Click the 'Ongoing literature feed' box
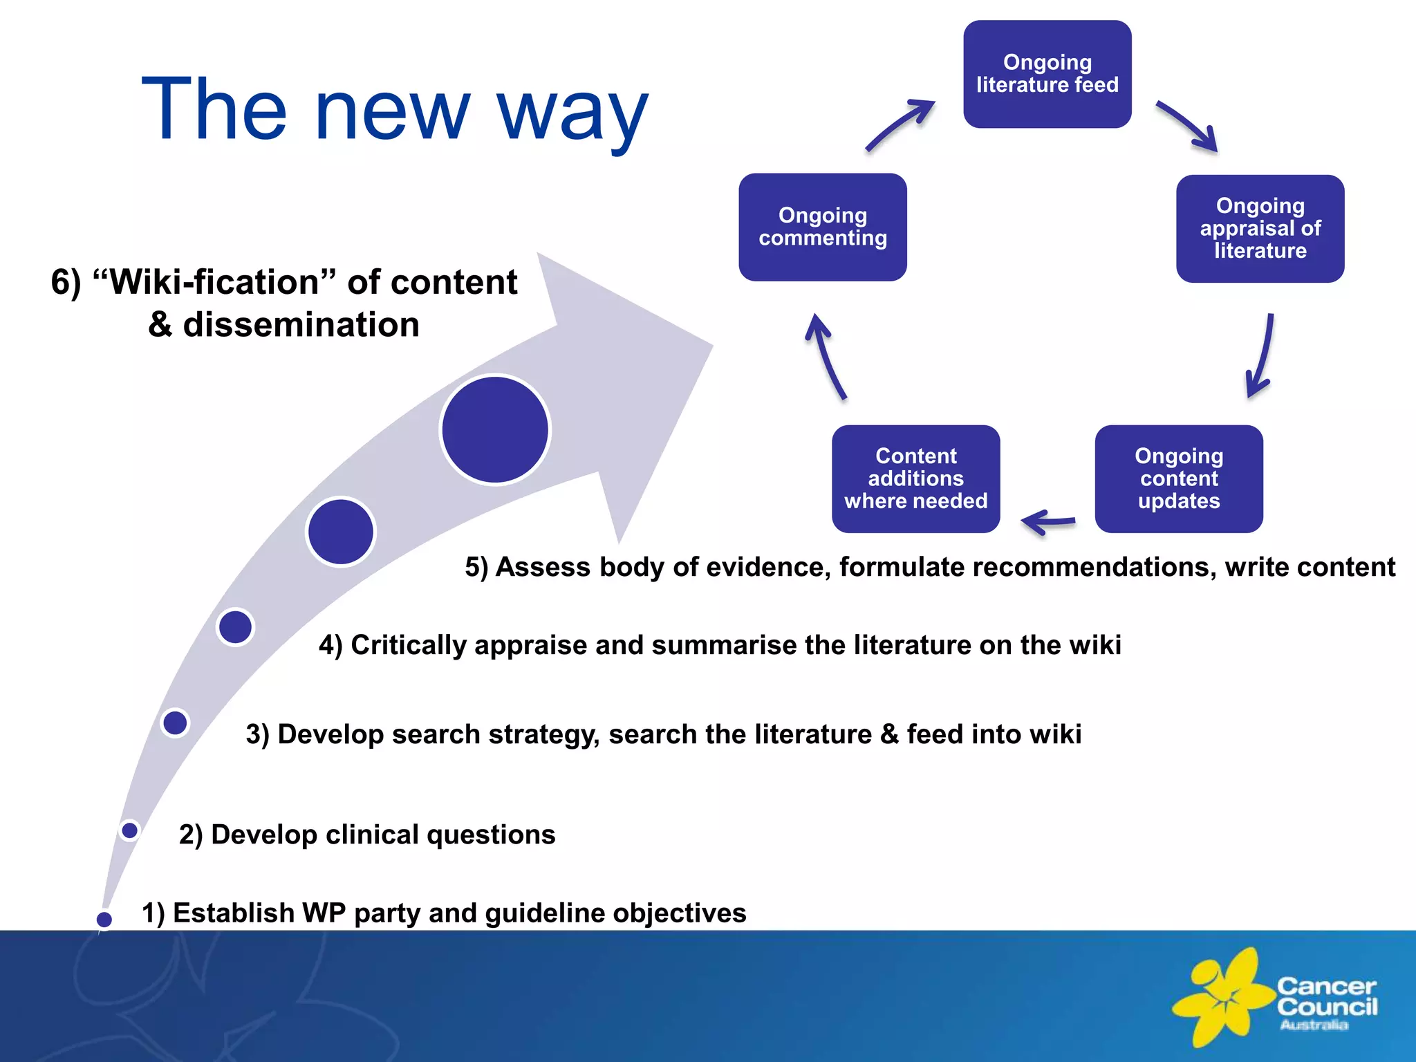[x=1047, y=74]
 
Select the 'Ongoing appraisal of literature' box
[x=1260, y=228]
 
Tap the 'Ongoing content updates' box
[x=1179, y=478]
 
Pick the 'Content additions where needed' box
[x=915, y=478]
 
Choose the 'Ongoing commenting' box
[x=822, y=227]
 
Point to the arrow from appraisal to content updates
[x=1262, y=355]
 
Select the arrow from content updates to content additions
[x=1047, y=522]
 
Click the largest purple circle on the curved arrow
[x=495, y=429]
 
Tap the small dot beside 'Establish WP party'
[x=104, y=919]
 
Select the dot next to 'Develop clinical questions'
[x=129, y=830]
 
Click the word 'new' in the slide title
[x=392, y=111]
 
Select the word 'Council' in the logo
[x=1327, y=1007]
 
